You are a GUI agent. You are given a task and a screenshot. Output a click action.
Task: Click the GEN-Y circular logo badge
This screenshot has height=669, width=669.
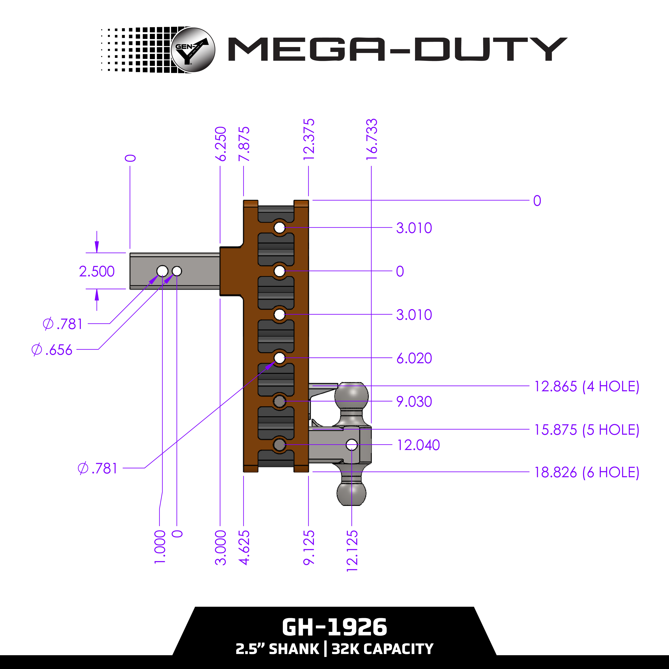[193, 50]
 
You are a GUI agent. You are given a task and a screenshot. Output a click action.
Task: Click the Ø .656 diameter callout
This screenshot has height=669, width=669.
[52, 350]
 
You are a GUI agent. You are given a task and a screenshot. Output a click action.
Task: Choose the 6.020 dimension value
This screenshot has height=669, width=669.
[414, 358]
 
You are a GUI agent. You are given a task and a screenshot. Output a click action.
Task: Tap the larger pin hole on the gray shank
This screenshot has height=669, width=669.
[162, 271]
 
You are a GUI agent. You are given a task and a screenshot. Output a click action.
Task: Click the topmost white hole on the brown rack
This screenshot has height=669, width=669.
[279, 228]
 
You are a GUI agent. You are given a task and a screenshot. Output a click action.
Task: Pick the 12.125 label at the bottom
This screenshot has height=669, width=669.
[352, 551]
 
